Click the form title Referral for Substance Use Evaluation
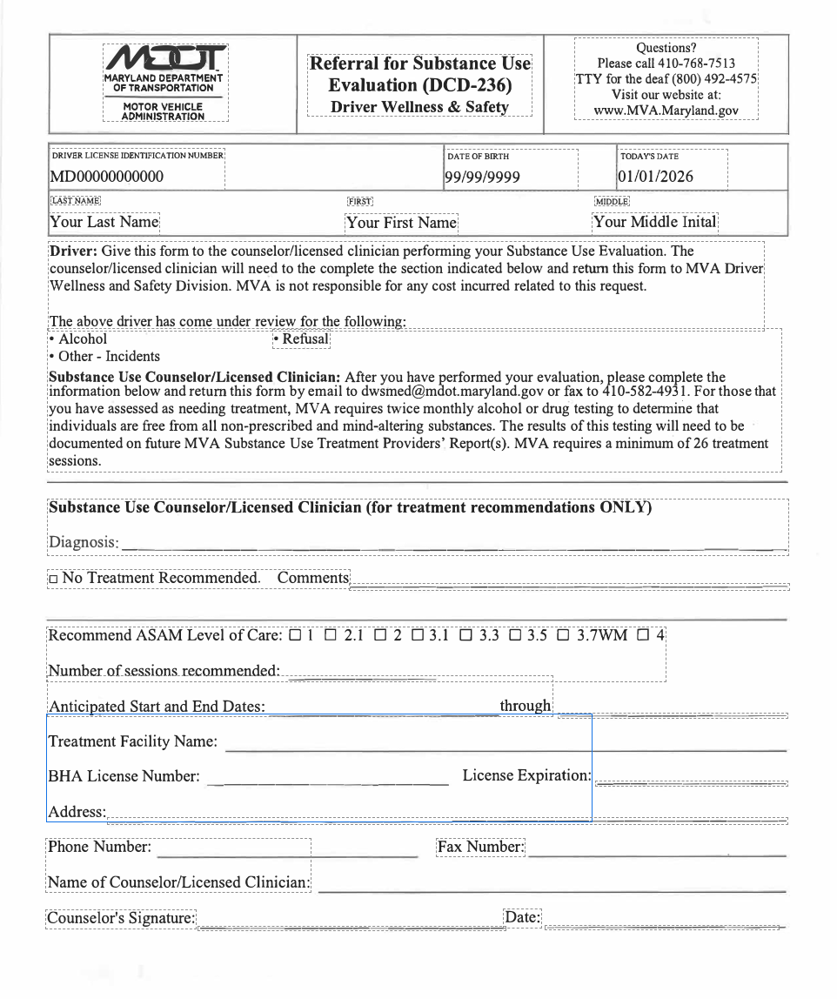point(419,74)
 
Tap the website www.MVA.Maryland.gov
point(666,111)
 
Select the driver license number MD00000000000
point(107,177)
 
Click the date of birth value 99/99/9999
point(483,177)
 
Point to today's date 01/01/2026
point(657,177)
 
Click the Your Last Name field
point(104,222)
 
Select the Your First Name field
point(401,223)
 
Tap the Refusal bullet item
point(301,339)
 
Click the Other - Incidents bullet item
point(104,356)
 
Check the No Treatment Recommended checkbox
point(53,579)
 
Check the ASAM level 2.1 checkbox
point(331,635)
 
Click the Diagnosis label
point(83,542)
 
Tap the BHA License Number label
point(124,775)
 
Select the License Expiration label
point(526,774)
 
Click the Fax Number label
point(480,847)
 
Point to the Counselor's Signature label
point(121,918)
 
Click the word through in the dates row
point(526,706)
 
